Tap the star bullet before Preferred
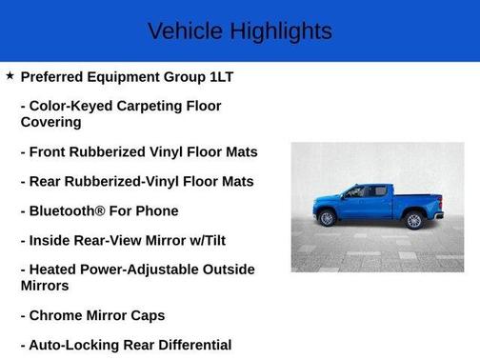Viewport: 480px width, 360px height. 10,75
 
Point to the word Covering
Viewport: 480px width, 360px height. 51,122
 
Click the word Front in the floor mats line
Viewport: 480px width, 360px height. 54,151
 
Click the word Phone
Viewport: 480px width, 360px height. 157,210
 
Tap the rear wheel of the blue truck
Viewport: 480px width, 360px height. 413,220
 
